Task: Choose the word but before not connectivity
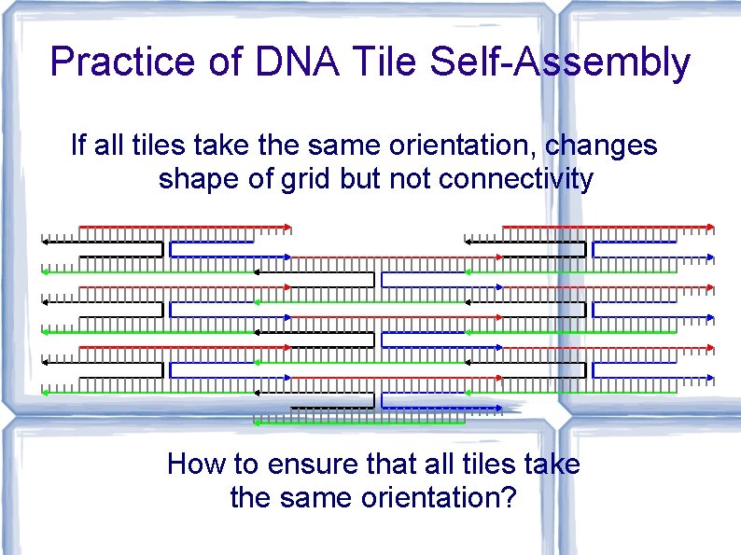pyautogui.click(x=363, y=178)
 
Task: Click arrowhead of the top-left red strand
pyautogui.click(x=288, y=227)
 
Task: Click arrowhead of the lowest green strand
pyautogui.click(x=258, y=423)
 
